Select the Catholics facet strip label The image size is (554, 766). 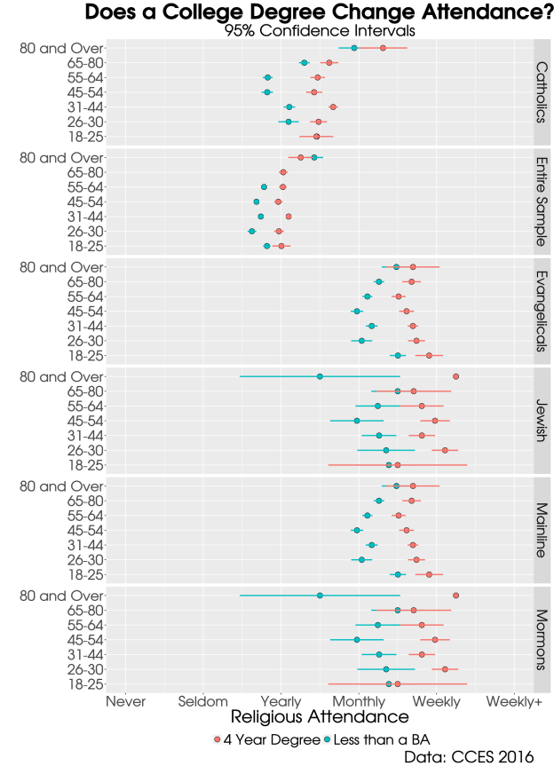point(542,91)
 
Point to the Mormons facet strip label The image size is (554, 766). point(542,639)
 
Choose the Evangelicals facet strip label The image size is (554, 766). point(542,311)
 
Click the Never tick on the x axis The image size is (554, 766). point(126,701)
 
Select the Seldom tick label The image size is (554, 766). point(203,701)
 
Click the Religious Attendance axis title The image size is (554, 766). point(307,717)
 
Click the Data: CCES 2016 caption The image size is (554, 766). point(469,756)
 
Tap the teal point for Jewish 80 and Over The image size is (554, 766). point(320,376)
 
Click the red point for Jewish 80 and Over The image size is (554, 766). point(455,376)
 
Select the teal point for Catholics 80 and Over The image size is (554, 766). point(354,48)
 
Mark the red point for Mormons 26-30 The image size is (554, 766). point(445,669)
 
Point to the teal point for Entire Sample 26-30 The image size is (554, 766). point(251,231)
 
